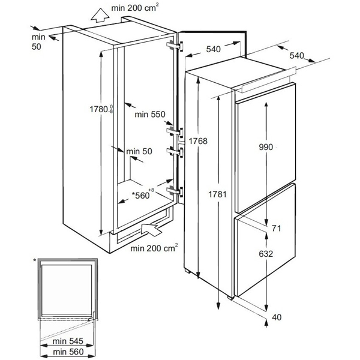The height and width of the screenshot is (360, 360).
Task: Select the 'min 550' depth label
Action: click(x=149, y=113)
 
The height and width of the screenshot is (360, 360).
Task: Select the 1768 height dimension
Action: click(x=197, y=141)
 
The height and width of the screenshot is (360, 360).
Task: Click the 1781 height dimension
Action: click(x=218, y=193)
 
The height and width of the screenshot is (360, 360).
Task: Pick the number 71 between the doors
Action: click(x=275, y=228)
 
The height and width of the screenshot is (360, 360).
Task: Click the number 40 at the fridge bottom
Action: click(x=275, y=317)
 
